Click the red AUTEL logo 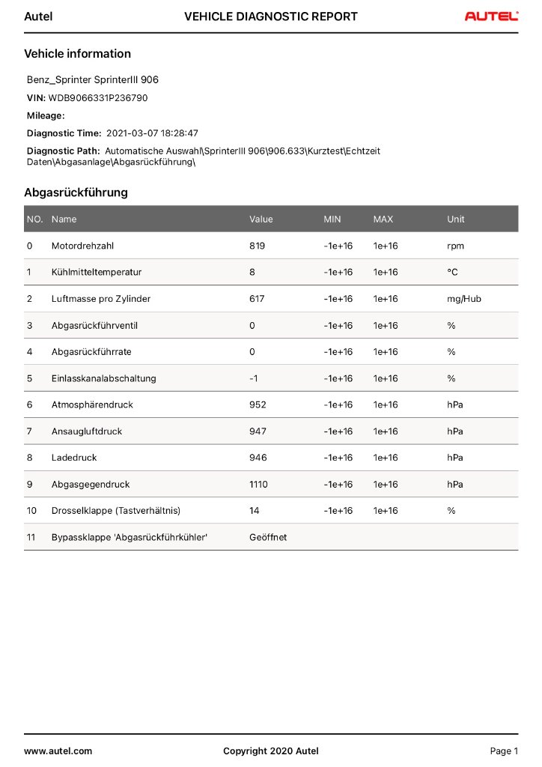click(491, 16)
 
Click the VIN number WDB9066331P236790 click(98, 97)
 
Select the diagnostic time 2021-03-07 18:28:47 click(153, 133)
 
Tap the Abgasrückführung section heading click(76, 192)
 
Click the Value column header click(261, 219)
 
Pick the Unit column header click(456, 219)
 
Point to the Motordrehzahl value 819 click(258, 246)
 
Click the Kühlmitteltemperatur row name click(97, 272)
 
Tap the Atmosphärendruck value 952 click(258, 405)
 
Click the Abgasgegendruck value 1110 click(259, 485)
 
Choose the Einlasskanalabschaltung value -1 click(254, 378)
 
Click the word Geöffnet click(268, 538)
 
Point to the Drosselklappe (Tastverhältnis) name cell click(116, 511)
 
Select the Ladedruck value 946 click(258, 458)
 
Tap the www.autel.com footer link click(58, 751)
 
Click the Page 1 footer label click(504, 751)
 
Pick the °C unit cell click(452, 272)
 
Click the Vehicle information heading click(78, 54)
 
